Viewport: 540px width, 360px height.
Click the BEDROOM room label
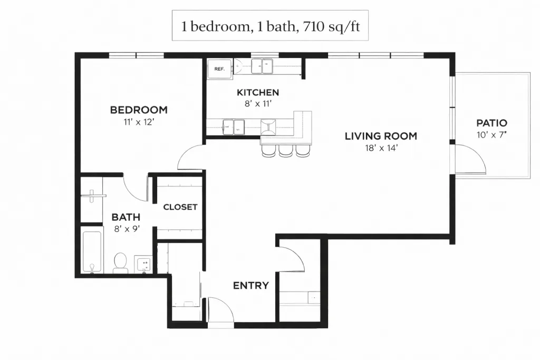[x=139, y=110]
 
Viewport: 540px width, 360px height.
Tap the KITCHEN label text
[x=258, y=92]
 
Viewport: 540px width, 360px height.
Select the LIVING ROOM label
[x=381, y=136]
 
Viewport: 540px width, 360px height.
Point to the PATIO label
[x=492, y=123]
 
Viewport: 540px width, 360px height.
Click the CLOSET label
[x=180, y=207]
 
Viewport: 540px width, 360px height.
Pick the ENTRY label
[x=250, y=285]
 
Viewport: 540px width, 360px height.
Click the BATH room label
[x=126, y=217]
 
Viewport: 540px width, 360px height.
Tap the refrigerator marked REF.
[x=220, y=69]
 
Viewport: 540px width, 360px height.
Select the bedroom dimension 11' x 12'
[x=138, y=122]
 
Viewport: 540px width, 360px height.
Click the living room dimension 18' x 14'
[x=381, y=148]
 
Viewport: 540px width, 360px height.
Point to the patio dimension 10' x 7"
[x=491, y=134]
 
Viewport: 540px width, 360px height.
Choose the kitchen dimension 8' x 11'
[x=258, y=103]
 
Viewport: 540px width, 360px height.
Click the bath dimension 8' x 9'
[x=127, y=229]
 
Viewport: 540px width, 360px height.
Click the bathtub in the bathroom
[x=92, y=251]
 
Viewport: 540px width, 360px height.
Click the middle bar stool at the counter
[x=286, y=151]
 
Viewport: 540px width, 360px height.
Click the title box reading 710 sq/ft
[x=271, y=25]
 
